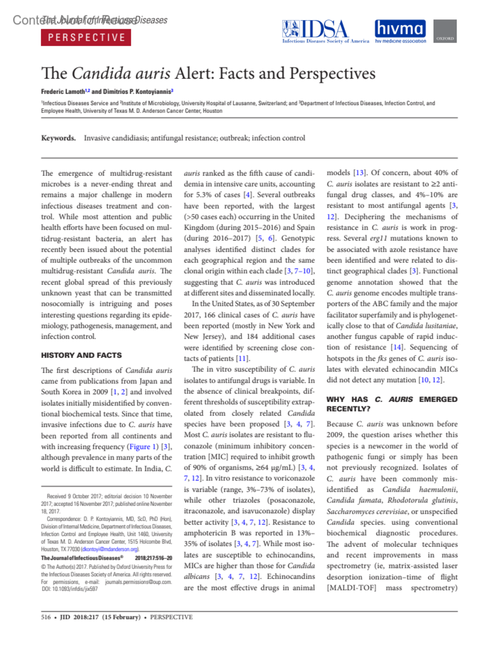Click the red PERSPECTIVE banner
(86, 37)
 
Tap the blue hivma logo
(400, 29)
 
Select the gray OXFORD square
(445, 31)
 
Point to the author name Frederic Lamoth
(63, 91)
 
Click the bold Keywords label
(58, 138)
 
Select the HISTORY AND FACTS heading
(82, 355)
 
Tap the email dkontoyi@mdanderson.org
(110, 549)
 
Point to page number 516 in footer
(46, 617)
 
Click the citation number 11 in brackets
(242, 358)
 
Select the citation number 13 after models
(359, 173)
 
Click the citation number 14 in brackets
(397, 347)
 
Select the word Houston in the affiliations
(212, 111)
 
